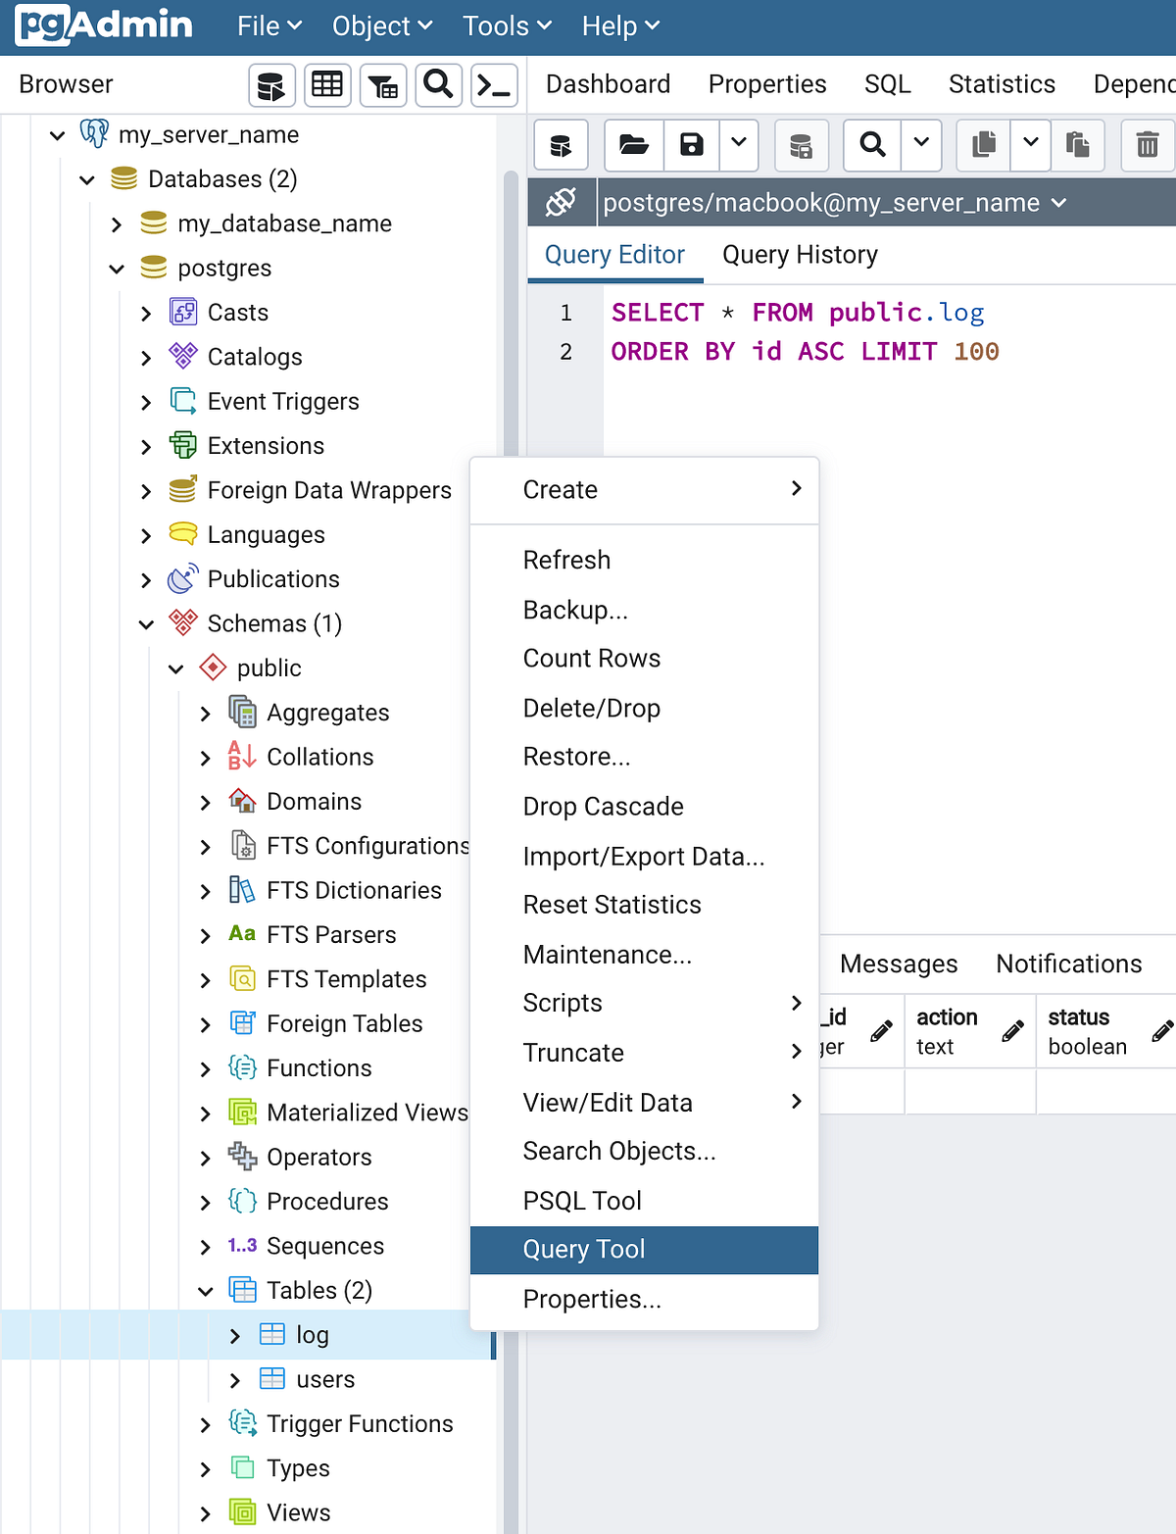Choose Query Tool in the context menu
584,1250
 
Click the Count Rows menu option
591,659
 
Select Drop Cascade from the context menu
603,807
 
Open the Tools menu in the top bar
507,26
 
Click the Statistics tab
1002,84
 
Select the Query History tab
800,255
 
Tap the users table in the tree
325,1380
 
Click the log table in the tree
313,1335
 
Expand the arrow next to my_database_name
117,224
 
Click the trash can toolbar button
1147,145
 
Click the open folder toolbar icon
634,145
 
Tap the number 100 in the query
976,352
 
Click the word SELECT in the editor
658,313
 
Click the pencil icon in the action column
1013,1030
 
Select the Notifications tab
1068,964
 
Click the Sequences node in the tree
324,1247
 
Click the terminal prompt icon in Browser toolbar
493,86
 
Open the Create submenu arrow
796,488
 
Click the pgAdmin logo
104,25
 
